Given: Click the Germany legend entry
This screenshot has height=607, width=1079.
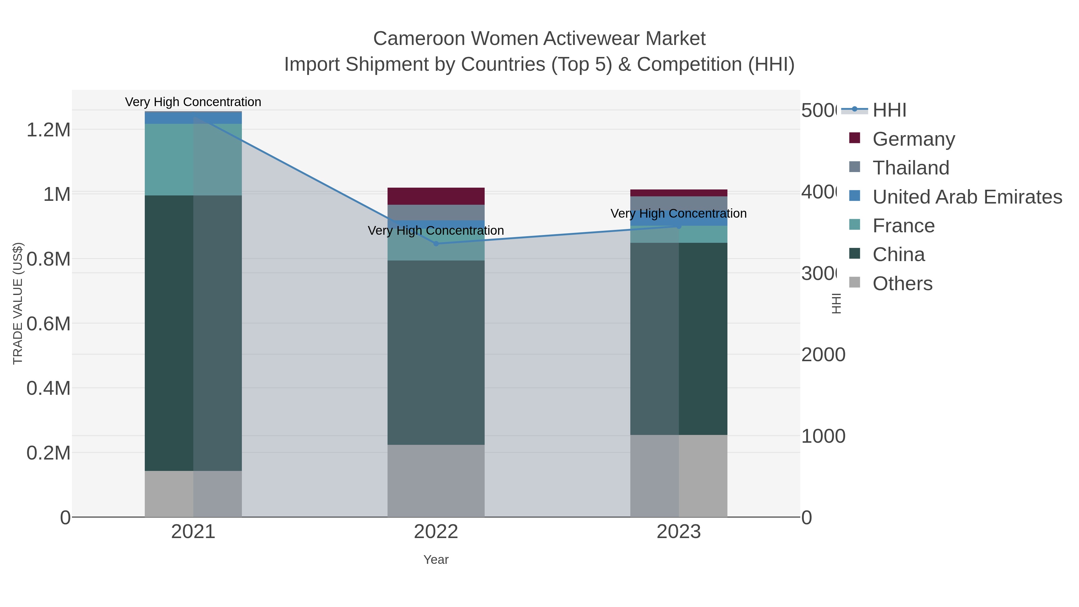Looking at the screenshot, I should pyautogui.click(x=913, y=139).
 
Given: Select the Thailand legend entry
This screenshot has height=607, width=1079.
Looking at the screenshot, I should pyautogui.click(x=911, y=168).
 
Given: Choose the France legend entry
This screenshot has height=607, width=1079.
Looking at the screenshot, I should pyautogui.click(x=903, y=226).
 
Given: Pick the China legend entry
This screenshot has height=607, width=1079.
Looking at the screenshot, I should pyautogui.click(x=899, y=255).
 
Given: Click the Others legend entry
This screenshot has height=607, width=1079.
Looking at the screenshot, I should pyautogui.click(x=902, y=284).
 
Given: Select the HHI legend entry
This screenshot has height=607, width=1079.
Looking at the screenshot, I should pyautogui.click(x=889, y=110).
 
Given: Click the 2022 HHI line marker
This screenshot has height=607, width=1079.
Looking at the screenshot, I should pyautogui.click(x=436, y=244).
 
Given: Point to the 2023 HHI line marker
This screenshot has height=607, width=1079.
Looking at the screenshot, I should pyautogui.click(x=679, y=227).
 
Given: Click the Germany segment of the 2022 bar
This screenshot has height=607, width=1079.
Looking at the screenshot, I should pyautogui.click(x=436, y=196).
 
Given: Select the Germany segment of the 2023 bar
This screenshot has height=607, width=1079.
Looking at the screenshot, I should pyautogui.click(x=679, y=193).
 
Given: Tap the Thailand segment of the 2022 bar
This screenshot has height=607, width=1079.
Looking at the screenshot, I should pyautogui.click(x=436, y=213).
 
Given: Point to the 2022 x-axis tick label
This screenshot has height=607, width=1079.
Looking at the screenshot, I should pyautogui.click(x=436, y=532).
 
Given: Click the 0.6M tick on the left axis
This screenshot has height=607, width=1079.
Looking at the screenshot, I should pyautogui.click(x=48, y=324).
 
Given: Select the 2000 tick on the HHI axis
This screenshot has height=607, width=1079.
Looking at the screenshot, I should pyautogui.click(x=823, y=355).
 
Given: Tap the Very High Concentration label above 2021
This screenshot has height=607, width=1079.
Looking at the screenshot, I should pyautogui.click(x=193, y=102).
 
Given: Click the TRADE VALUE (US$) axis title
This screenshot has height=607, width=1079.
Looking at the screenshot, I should pyautogui.click(x=18, y=303).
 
